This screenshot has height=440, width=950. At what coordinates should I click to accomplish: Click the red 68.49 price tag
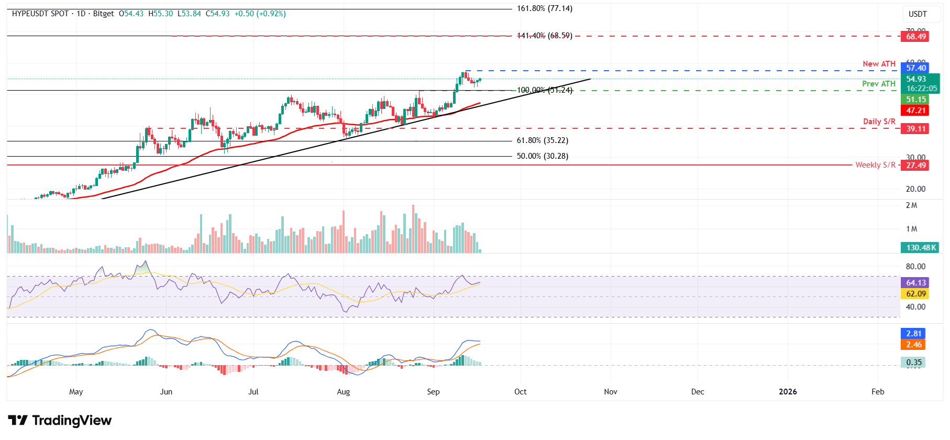pyautogui.click(x=916, y=37)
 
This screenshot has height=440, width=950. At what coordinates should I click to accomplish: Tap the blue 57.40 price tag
pyautogui.click(x=916, y=68)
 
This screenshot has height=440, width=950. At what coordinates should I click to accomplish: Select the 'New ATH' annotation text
pyautogui.click(x=879, y=64)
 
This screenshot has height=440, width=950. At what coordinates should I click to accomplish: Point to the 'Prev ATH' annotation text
pyautogui.click(x=879, y=84)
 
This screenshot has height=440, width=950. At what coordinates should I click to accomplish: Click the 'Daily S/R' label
pyautogui.click(x=879, y=122)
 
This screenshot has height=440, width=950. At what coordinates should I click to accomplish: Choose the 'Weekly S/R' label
pyautogui.click(x=875, y=165)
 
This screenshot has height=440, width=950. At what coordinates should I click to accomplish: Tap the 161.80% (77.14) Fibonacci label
pyautogui.click(x=544, y=9)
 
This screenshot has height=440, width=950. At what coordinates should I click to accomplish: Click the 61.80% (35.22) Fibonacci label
pyautogui.click(x=542, y=140)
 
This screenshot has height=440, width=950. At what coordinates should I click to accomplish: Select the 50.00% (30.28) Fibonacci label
pyautogui.click(x=542, y=156)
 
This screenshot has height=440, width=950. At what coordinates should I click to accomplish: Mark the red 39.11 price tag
pyautogui.click(x=916, y=129)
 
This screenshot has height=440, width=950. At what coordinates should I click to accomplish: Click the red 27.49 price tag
pyautogui.click(x=916, y=166)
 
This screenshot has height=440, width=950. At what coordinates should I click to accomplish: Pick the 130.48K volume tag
pyautogui.click(x=921, y=248)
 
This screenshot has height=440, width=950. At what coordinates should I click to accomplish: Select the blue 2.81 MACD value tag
pyautogui.click(x=914, y=334)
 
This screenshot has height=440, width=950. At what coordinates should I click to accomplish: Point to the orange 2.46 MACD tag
pyautogui.click(x=914, y=345)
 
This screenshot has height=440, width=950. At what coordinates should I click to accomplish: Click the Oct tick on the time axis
pyautogui.click(x=520, y=392)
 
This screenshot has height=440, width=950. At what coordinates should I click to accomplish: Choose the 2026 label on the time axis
pyautogui.click(x=788, y=392)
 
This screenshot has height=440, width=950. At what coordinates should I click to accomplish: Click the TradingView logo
pyautogui.click(x=60, y=421)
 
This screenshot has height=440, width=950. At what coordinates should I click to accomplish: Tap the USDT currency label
pyautogui.click(x=917, y=14)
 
